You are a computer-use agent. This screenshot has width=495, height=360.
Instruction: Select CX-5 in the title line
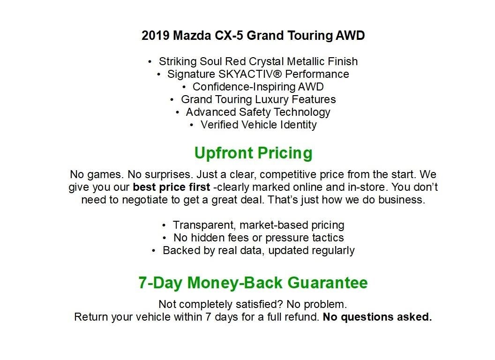pos(229,36)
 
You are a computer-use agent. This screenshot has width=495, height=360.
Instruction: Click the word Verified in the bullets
pos(219,125)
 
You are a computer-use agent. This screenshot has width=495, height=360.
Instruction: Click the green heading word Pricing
pos(288,153)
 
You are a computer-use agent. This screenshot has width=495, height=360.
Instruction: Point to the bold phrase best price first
pos(171,187)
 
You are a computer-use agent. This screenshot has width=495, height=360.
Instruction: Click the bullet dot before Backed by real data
pos(154,251)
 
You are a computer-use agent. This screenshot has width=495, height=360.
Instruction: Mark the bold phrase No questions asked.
pos(377,317)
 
